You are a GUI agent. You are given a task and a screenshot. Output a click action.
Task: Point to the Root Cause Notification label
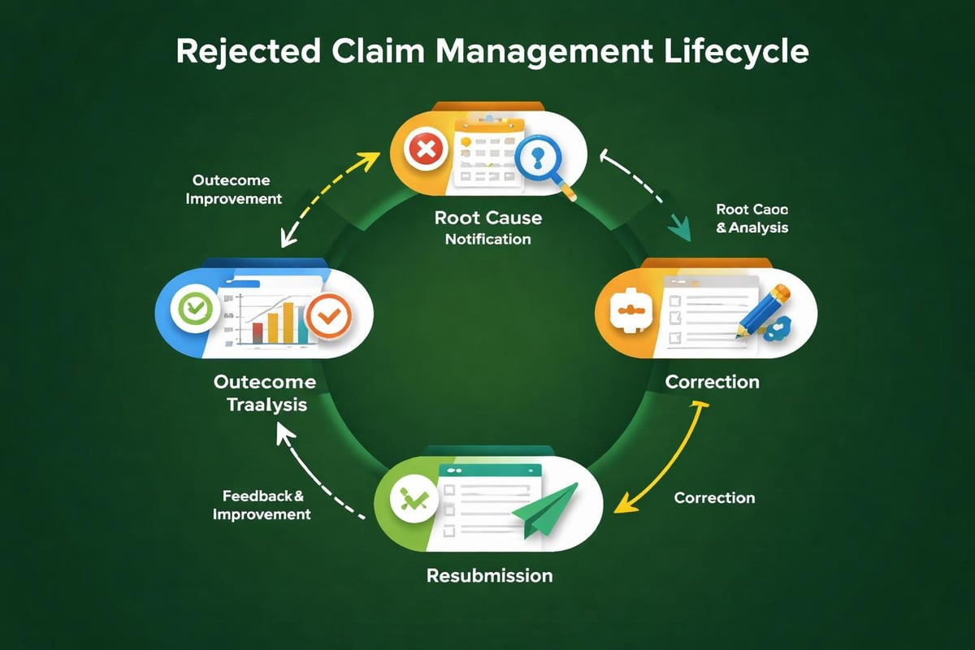[487, 227]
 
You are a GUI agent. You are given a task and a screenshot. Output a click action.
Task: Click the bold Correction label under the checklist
[712, 381]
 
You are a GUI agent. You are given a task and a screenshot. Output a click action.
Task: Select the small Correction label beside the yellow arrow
[714, 497]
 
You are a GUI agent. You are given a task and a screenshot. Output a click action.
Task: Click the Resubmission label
[489, 575]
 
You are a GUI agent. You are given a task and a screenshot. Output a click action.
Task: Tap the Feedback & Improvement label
[262, 504]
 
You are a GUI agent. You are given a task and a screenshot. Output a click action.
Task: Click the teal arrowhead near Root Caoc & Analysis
[678, 229]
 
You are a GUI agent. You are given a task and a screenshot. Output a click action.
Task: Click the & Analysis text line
[752, 228]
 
